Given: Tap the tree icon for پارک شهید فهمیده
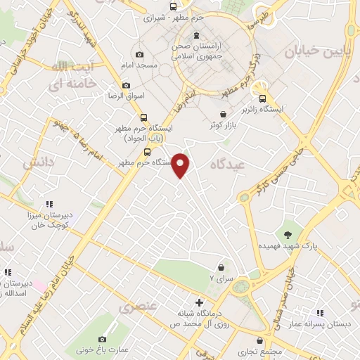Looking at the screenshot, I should coord(288,234).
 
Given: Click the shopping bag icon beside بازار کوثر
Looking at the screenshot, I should coord(223,113).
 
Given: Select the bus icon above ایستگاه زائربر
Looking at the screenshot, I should coord(262,99).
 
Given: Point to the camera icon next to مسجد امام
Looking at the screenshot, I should coord(139,55).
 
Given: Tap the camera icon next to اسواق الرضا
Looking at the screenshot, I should coord(126,86).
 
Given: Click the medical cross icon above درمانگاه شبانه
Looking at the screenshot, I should coord(199,302).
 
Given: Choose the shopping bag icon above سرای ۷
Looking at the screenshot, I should coord(222,267).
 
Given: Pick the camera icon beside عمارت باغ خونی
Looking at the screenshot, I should coord(103,339).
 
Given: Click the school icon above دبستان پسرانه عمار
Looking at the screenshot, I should coord(320,312).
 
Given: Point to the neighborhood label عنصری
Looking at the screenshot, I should coord(135,307).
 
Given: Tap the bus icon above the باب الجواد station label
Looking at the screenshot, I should coord(144,118).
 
